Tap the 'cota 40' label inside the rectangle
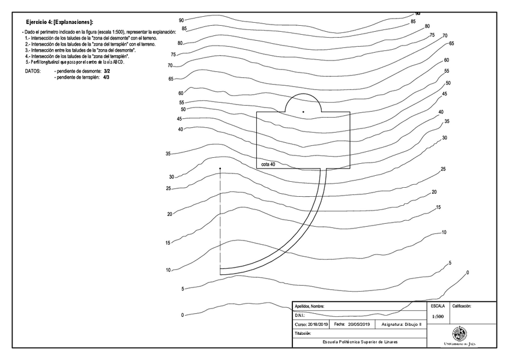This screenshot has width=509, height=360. click(x=268, y=164)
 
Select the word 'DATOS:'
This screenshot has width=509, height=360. click(x=32, y=70)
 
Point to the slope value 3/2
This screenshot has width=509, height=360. click(x=107, y=70)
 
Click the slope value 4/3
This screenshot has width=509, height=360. click(x=106, y=77)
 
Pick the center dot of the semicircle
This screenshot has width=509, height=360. click(x=303, y=112)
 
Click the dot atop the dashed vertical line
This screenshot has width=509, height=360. click(x=220, y=169)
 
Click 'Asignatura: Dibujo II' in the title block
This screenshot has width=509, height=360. click(x=402, y=324)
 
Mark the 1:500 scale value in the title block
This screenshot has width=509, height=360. click(x=438, y=316)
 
